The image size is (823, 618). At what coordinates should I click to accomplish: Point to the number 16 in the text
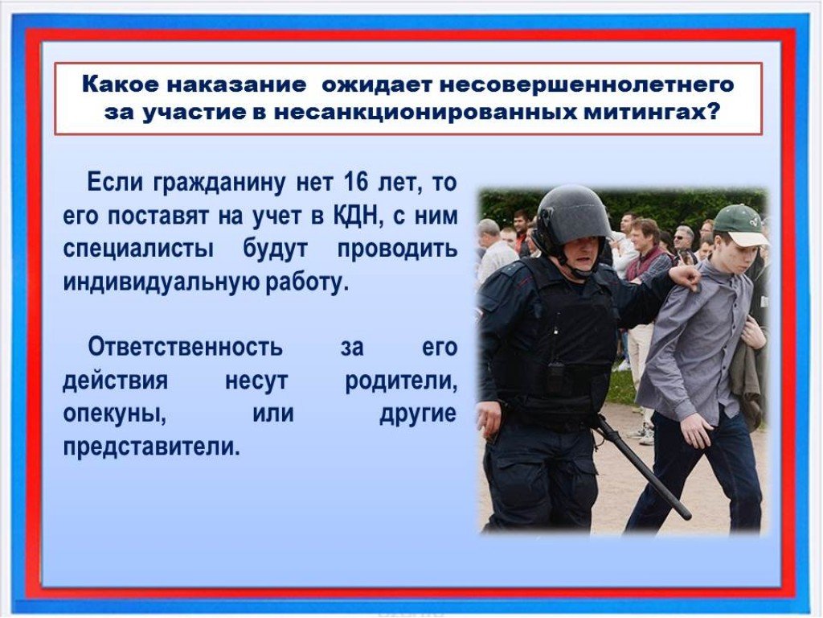pyautogui.click(x=356, y=183)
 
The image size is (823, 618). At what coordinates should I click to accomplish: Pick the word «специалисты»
pyautogui.click(x=138, y=249)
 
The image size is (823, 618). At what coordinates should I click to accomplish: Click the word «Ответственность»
pyautogui.click(x=186, y=347)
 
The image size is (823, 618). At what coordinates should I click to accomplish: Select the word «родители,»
pyautogui.click(x=401, y=381)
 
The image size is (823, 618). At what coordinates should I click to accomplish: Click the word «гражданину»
pyautogui.click(x=219, y=183)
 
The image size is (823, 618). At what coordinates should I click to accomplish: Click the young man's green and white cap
pyautogui.click(x=740, y=225)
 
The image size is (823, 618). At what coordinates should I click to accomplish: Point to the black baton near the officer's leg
pyautogui.click(x=642, y=466)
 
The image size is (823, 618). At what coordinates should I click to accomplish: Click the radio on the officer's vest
pyautogui.click(x=556, y=375)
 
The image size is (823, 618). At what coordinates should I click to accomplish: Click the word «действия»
pyautogui.click(x=116, y=381)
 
